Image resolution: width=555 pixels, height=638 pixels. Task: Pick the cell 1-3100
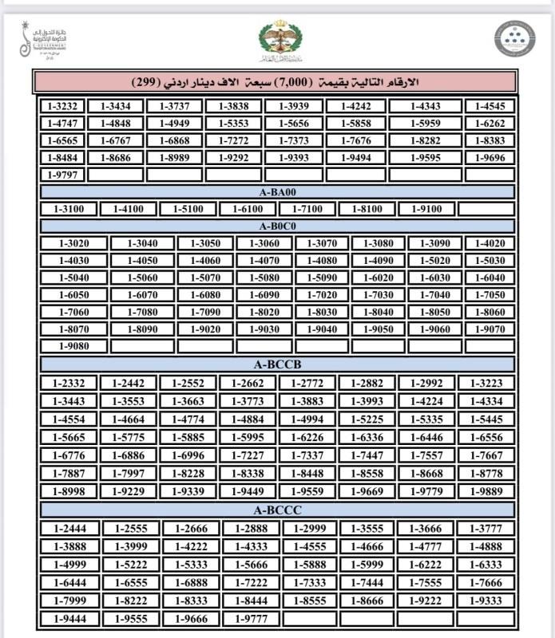68,209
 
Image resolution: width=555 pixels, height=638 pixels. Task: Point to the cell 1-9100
424,209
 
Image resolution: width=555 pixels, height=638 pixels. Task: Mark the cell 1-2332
68,384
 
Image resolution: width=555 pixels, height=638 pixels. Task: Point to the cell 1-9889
487,491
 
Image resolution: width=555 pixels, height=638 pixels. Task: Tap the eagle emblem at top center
277,40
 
